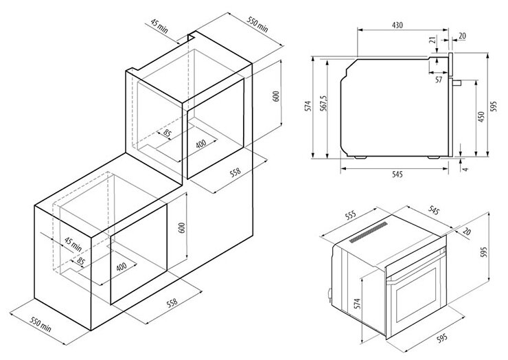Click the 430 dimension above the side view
pyautogui.click(x=397, y=25)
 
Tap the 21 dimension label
pyautogui.click(x=432, y=41)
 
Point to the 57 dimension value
pyautogui.click(x=439, y=80)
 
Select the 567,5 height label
pyautogui.click(x=324, y=104)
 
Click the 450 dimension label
pyautogui.click(x=481, y=117)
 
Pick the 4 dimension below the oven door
pyautogui.click(x=465, y=169)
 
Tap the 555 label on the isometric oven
pyautogui.click(x=350, y=215)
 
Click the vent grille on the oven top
pyautogui.click(x=369, y=232)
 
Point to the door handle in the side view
pyautogui.click(x=456, y=82)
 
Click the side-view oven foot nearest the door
pyautogui.click(x=433, y=157)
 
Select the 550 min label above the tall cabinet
pyautogui.click(x=257, y=24)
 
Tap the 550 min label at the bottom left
pyautogui.click(x=41, y=324)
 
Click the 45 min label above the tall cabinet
pyautogui.click(x=159, y=26)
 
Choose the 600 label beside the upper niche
pyautogui.click(x=276, y=96)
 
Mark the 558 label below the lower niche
pyautogui.click(x=172, y=302)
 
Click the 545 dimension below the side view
pyautogui.click(x=397, y=175)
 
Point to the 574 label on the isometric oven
pyautogui.click(x=357, y=304)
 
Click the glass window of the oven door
pyautogui.click(x=416, y=294)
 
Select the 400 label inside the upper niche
pyautogui.click(x=201, y=144)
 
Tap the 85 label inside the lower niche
pyautogui.click(x=81, y=261)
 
